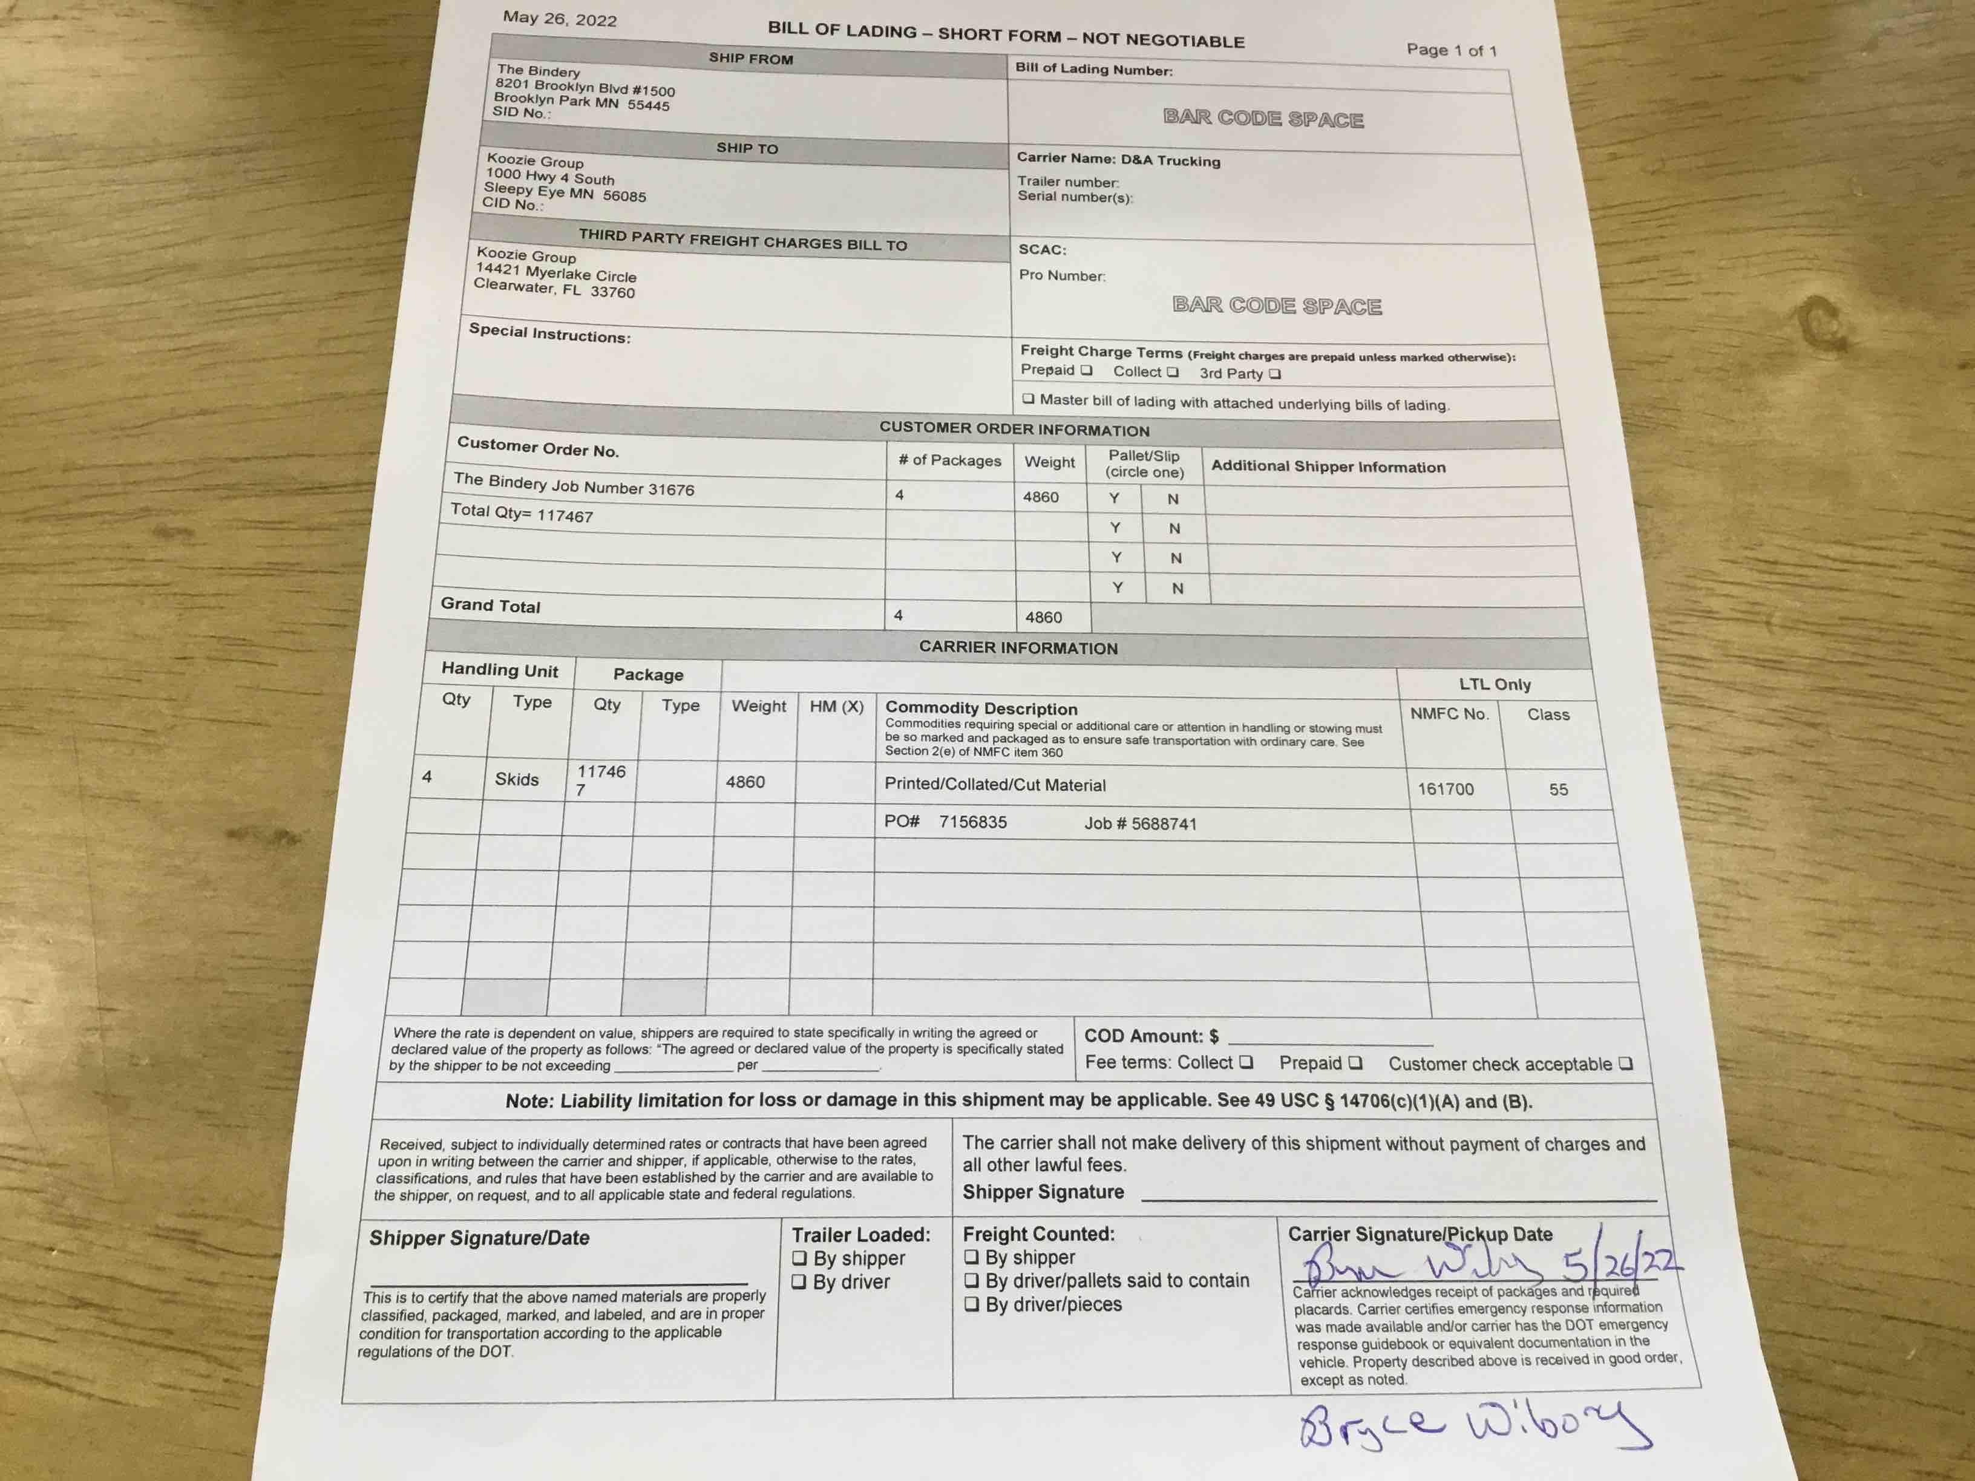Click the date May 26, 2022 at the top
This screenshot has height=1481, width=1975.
[560, 19]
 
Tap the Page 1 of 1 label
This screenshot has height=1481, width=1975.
[1451, 51]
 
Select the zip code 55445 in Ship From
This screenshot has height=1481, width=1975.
[648, 105]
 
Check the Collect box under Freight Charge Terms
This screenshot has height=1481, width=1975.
[1172, 372]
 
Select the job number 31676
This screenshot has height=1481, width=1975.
[672, 489]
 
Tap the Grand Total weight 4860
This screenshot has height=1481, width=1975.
[1044, 617]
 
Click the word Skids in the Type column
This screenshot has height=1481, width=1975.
[517, 779]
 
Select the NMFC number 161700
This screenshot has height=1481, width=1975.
[1446, 789]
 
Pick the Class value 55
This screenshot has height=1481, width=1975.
[1558, 789]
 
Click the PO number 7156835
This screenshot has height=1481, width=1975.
[972, 822]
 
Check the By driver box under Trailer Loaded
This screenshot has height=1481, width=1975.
[800, 1282]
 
